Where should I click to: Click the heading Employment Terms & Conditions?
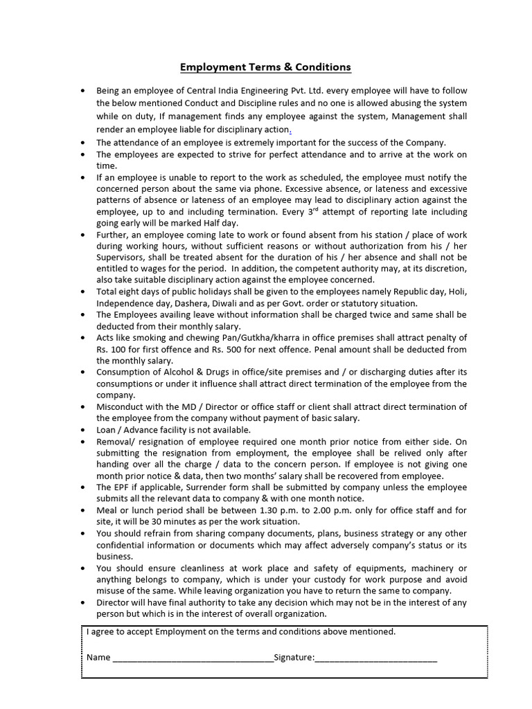tap(265, 67)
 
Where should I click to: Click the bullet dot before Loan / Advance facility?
tap(84, 429)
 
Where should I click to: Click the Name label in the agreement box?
tap(98, 657)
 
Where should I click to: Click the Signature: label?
tap(294, 657)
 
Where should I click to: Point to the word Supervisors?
tap(121, 258)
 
